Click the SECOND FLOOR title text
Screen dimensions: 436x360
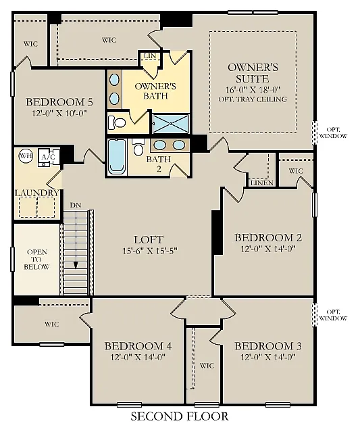(179, 416)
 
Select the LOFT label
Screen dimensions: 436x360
(149, 239)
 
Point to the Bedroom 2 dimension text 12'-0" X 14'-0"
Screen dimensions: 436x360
(267, 249)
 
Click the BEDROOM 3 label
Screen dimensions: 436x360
(268, 346)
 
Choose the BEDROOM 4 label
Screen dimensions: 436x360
(138, 346)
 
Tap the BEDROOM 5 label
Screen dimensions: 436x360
(59, 102)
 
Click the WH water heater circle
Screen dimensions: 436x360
(26, 155)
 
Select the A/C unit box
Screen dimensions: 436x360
(49, 157)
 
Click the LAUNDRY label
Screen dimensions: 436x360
(37, 193)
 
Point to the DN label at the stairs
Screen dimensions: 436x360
(74, 204)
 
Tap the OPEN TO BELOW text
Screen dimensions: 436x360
(38, 259)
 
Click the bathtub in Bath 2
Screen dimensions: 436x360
(117, 158)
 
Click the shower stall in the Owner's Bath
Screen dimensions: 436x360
(170, 124)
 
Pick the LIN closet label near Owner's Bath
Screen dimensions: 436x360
(150, 56)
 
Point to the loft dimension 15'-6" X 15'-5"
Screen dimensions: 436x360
(149, 251)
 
